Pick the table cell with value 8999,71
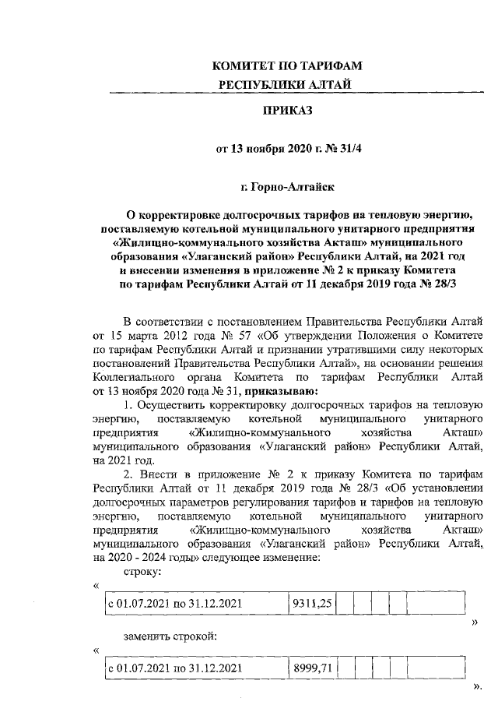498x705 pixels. pos(312,668)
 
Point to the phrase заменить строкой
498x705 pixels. pos(170,636)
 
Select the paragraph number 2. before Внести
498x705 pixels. pos(129,474)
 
